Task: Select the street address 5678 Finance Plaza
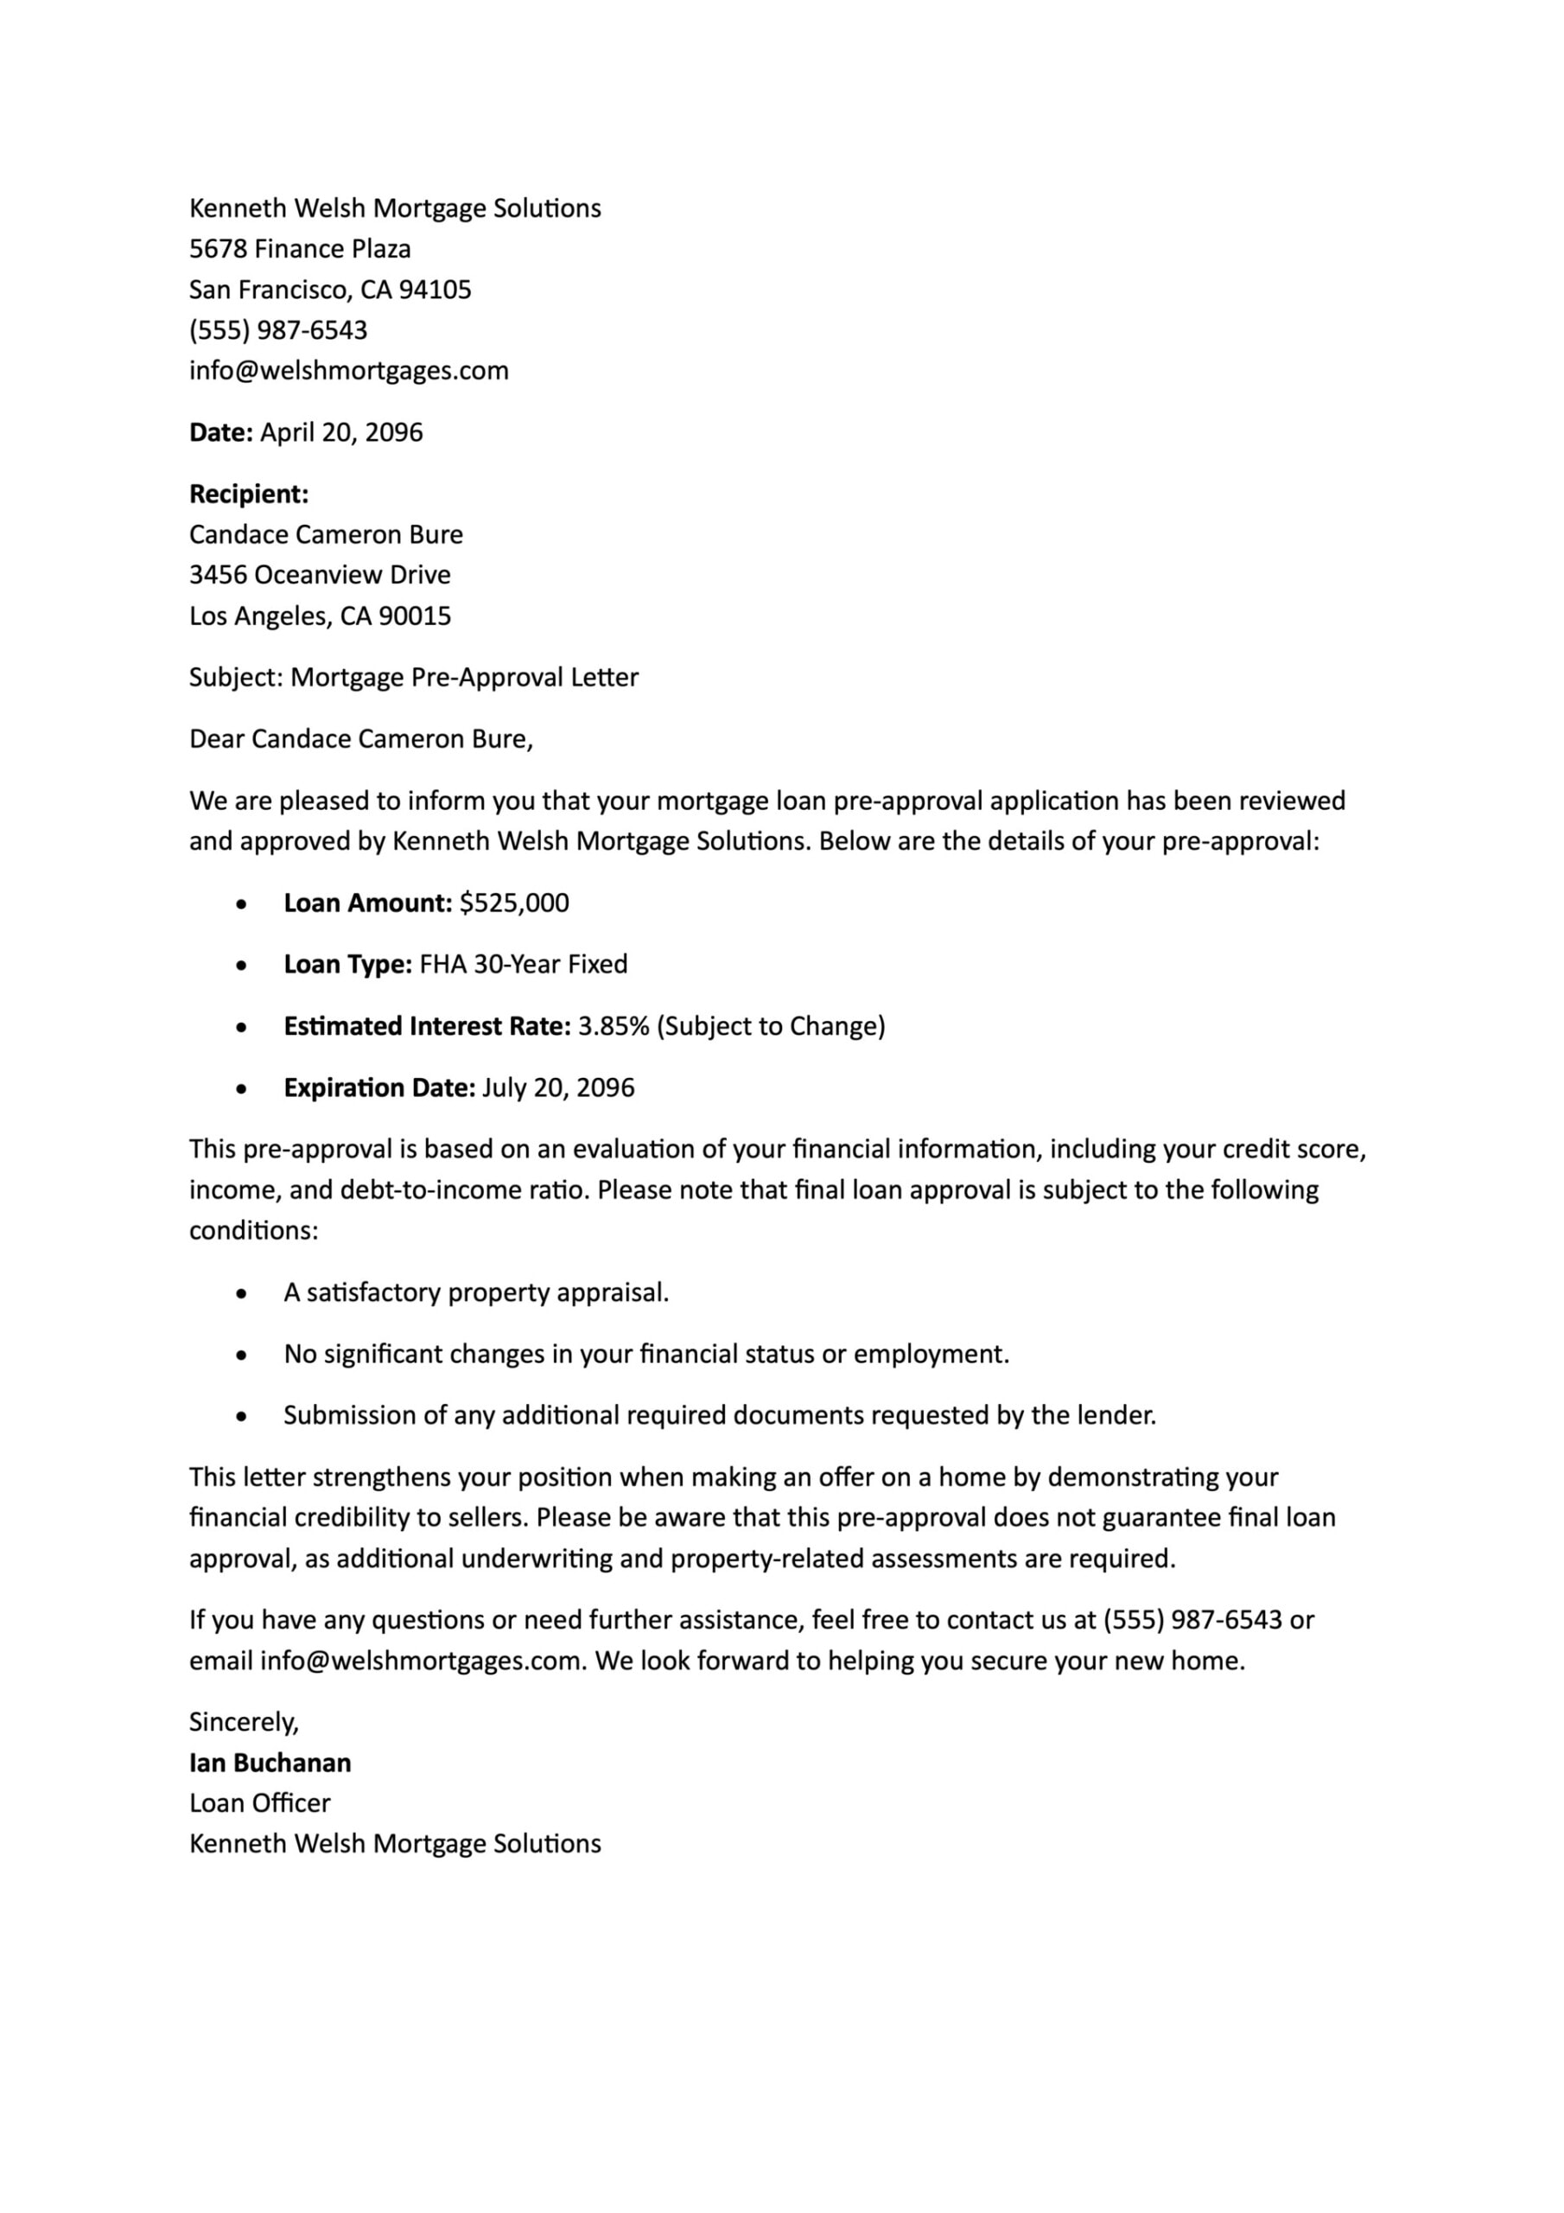coord(300,250)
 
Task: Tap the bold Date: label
coord(220,433)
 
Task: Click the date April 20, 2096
coord(341,433)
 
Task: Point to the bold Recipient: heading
coord(249,494)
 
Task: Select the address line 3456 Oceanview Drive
coord(320,576)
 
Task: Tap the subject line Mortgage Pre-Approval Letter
coord(463,678)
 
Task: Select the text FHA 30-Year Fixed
coord(524,965)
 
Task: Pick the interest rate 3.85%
coord(613,1026)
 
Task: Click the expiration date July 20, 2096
coord(558,1088)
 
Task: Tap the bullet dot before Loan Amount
coord(242,905)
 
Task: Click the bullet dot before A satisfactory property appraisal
coord(242,1294)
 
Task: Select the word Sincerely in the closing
coord(242,1722)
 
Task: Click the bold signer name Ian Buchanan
coord(270,1763)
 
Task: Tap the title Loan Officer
coord(259,1803)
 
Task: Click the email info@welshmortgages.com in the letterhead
coord(349,371)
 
